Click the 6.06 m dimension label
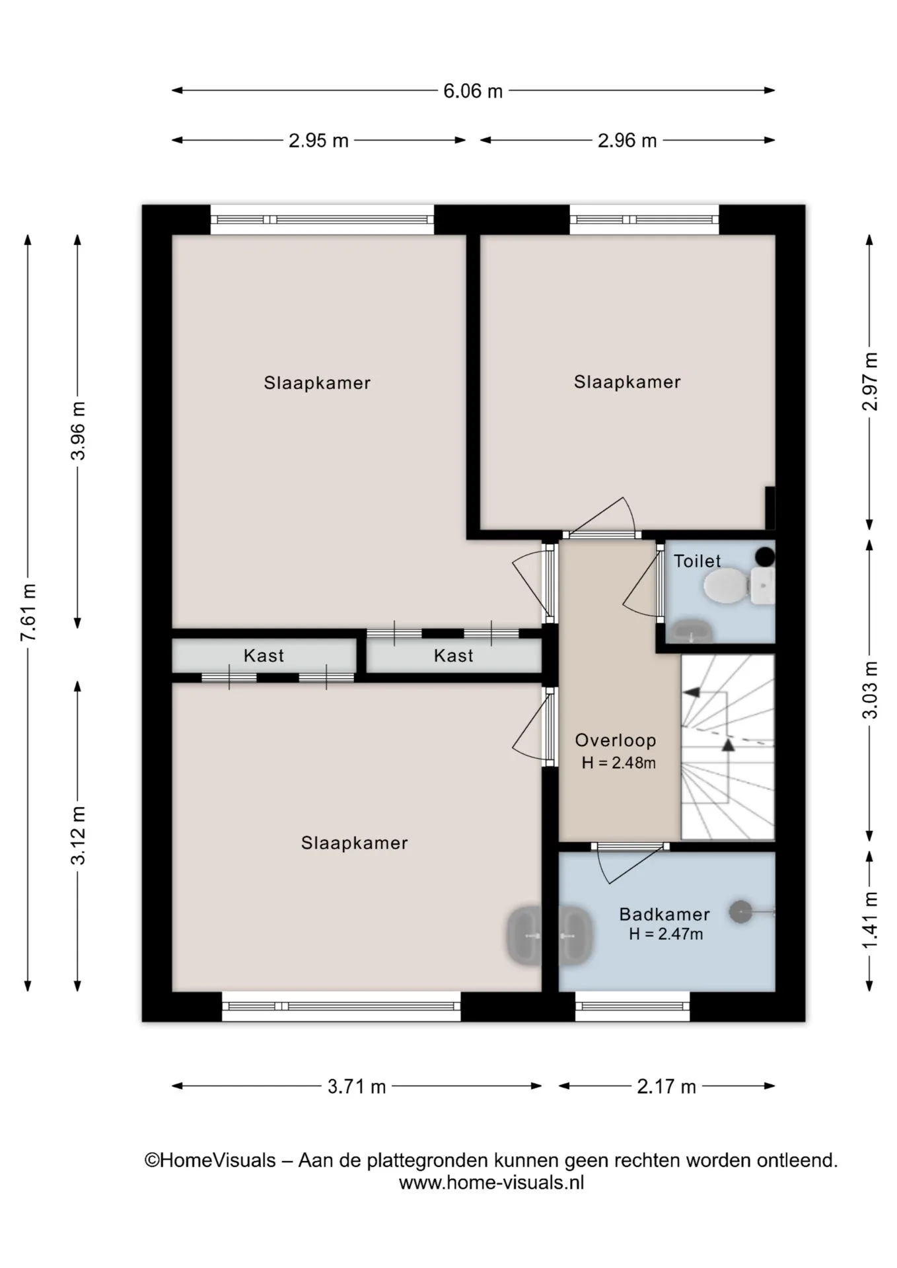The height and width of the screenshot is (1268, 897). [473, 90]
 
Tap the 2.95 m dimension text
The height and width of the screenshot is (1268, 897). [318, 141]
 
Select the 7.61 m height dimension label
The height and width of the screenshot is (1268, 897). [28, 612]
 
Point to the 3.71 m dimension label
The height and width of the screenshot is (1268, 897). [357, 1086]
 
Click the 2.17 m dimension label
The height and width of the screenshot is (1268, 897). [666, 1086]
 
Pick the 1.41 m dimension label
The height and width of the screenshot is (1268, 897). [871, 920]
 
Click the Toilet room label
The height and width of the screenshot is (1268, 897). [697, 561]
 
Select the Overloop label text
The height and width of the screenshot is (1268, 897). [616, 740]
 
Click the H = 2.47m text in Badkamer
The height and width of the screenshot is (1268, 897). [666, 934]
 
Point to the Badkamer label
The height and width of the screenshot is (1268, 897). [664, 915]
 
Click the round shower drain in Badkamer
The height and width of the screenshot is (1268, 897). [740, 912]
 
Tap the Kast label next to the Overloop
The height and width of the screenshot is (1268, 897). [454, 656]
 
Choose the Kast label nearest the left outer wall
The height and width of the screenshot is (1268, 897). [264, 656]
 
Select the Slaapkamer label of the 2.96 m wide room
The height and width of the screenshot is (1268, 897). [627, 382]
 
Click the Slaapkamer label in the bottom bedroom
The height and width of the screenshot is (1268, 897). [355, 843]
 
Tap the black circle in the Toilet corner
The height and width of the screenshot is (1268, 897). [765, 557]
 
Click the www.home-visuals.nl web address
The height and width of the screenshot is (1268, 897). [491, 1183]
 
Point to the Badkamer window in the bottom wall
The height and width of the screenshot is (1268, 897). [632, 1006]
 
